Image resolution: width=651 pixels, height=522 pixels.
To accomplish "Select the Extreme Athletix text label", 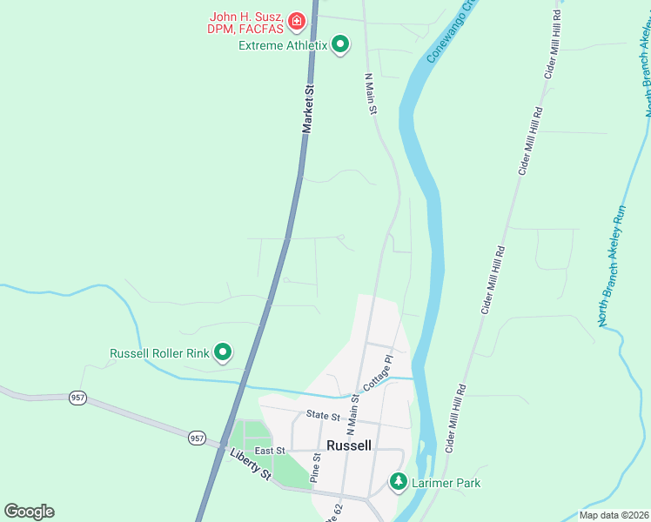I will [283, 44].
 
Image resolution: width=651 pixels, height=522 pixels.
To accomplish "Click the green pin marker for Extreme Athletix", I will [341, 43].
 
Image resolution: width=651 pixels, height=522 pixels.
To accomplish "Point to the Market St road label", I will [307, 109].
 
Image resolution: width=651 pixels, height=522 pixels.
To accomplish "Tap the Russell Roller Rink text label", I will [159, 353].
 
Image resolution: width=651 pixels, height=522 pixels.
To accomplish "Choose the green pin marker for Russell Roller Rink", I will [223, 352].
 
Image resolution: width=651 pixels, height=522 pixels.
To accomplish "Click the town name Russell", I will [349, 445].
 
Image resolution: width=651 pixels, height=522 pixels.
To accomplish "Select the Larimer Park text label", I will [446, 483].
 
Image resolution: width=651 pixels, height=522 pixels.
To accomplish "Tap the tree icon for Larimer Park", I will [399, 481].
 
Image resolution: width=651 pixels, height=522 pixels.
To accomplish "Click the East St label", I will [269, 451].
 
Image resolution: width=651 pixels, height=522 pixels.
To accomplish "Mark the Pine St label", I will [316, 469].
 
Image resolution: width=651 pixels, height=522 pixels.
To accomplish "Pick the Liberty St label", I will [251, 461].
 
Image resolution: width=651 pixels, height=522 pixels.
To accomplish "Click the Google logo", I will [29, 511].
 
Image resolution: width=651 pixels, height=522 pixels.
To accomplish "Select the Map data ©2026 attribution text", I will [614, 515].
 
